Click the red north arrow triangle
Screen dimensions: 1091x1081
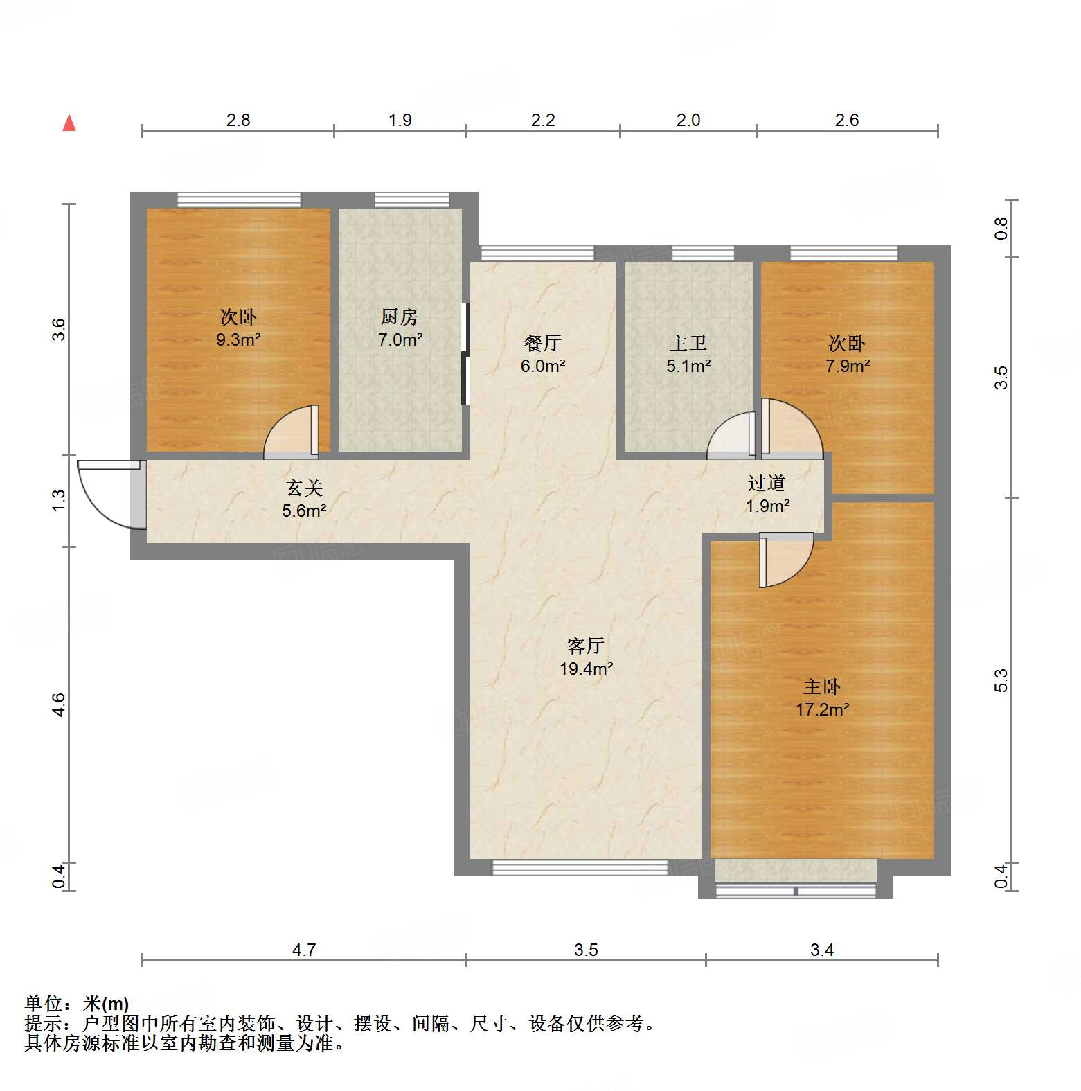pos(69,123)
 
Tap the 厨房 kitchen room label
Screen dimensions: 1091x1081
pos(400,317)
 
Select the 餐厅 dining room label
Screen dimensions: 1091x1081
pos(542,343)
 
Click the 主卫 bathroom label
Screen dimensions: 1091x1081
pos(688,343)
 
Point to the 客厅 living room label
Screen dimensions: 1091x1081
pos(586,646)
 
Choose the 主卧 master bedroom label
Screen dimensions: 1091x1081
pos(822,686)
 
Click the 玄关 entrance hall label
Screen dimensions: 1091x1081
pos(305,488)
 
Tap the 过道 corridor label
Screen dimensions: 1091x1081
pos(767,483)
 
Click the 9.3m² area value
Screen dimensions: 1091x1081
pos(238,340)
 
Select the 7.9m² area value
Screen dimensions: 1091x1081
pos(848,366)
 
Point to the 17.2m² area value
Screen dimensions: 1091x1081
pos(823,709)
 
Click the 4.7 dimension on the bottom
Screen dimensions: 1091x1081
pos(304,950)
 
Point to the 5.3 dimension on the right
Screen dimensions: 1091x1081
pos(1001,680)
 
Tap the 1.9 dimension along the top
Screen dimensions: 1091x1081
pos(400,121)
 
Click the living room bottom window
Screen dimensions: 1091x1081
pos(580,867)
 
